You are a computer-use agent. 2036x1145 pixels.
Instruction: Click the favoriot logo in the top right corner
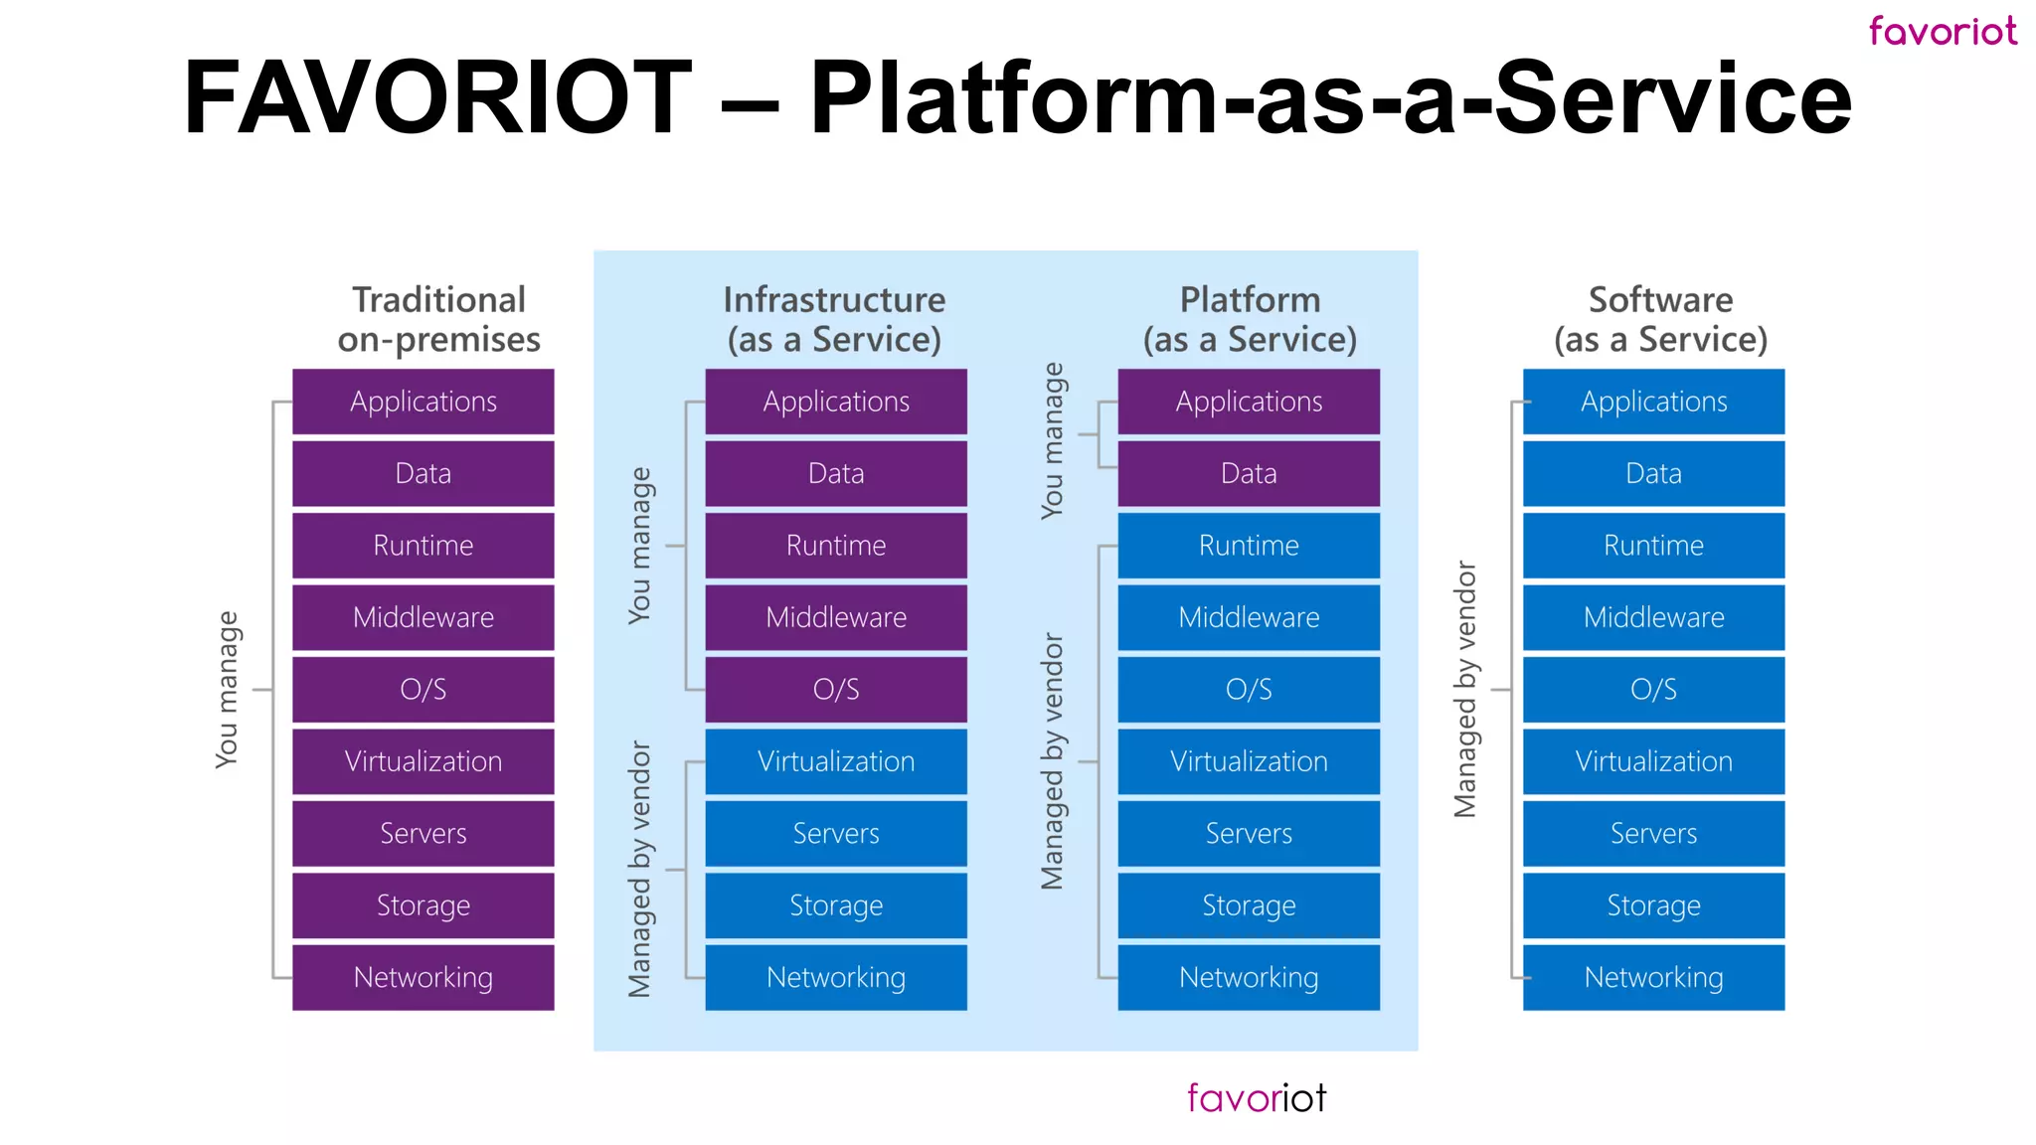click(x=1942, y=31)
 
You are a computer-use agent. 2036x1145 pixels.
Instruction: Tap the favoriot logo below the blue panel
click(x=1256, y=1097)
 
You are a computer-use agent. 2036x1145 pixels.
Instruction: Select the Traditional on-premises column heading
click(x=438, y=319)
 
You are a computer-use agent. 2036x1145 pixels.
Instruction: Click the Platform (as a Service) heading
click(x=1250, y=319)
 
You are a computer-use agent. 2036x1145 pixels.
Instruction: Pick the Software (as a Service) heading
click(x=1660, y=319)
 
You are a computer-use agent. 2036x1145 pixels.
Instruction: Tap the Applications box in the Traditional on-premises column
click(x=424, y=402)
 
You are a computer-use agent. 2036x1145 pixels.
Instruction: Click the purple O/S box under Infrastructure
click(x=836, y=689)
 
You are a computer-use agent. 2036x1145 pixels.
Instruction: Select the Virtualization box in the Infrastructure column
click(x=836, y=761)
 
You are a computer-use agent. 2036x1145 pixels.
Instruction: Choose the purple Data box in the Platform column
click(x=1249, y=473)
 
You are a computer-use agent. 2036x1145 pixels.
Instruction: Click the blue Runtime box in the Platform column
click(x=1249, y=546)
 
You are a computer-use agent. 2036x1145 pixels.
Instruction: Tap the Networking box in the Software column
click(x=1653, y=977)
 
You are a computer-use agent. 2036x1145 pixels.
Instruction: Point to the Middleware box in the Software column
click(x=1653, y=617)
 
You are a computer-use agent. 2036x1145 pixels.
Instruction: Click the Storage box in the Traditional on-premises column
click(x=424, y=905)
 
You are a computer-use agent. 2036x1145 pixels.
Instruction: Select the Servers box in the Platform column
click(x=1249, y=833)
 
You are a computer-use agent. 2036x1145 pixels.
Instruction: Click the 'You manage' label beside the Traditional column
click(x=227, y=689)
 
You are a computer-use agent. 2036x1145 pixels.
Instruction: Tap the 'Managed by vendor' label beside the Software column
click(x=1464, y=689)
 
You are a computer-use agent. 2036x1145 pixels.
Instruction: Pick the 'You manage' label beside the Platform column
click(x=1052, y=440)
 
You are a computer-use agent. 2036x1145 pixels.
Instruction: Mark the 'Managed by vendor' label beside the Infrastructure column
click(x=639, y=869)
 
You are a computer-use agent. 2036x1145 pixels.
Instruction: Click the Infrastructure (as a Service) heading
click(x=834, y=319)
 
